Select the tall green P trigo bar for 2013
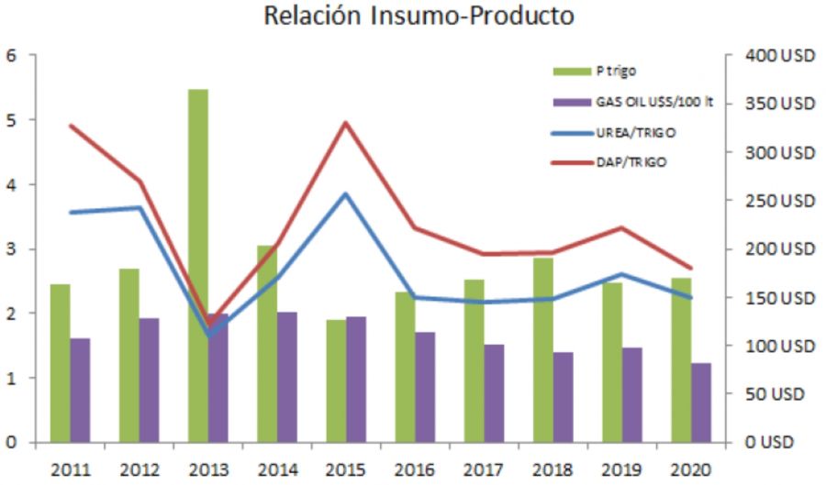pos(197,266)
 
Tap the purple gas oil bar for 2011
pos(80,391)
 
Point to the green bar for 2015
pos(336,381)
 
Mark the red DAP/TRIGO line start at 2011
pos(71,126)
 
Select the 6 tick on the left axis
pos(11,56)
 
